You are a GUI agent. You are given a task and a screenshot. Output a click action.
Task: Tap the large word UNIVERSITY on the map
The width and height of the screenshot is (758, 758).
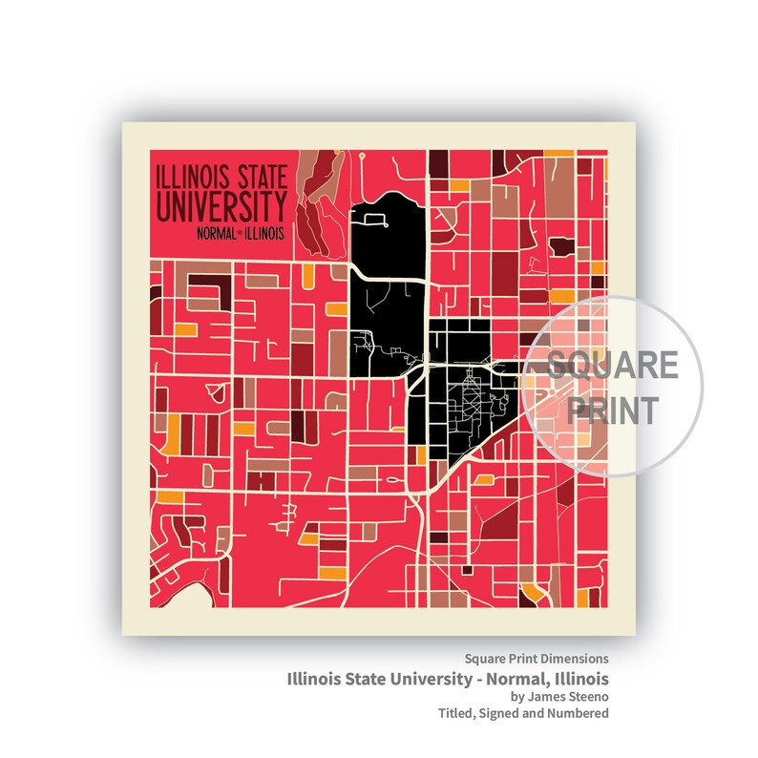223,207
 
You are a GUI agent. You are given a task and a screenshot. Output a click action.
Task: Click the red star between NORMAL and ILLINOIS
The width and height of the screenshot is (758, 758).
240,233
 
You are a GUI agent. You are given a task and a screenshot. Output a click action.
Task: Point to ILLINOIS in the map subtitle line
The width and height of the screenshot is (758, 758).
264,233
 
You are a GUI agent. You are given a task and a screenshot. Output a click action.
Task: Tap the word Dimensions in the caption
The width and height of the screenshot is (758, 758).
569,660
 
